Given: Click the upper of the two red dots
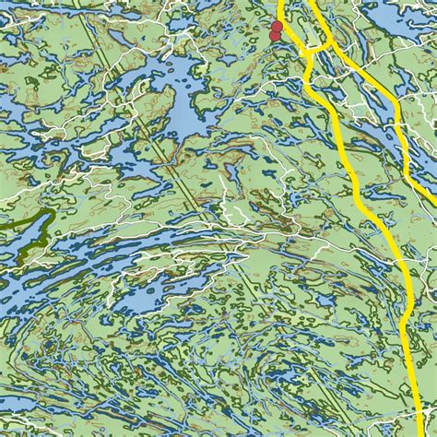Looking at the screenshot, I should pos(276,27).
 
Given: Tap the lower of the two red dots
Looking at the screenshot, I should pos(274,36).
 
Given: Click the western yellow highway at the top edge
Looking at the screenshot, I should pos(280,3).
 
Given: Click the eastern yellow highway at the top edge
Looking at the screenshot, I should pos(312,3).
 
